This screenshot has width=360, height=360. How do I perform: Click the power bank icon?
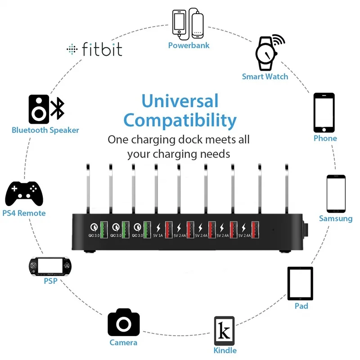[x=188, y=24]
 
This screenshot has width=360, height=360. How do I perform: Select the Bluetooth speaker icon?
[x=46, y=109]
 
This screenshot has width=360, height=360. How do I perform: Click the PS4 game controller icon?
[x=24, y=193]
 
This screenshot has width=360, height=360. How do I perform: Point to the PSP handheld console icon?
[x=50, y=266]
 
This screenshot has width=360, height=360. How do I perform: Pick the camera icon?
[x=123, y=322]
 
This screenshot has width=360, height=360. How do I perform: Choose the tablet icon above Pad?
[x=300, y=283]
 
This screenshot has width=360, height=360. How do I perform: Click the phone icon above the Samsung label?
[x=336, y=193]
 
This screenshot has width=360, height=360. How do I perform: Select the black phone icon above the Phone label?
[x=324, y=112]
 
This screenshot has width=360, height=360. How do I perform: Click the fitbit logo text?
[x=102, y=49]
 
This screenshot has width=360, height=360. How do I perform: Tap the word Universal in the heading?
[x=180, y=101]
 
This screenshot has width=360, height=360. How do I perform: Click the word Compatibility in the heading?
[x=180, y=121]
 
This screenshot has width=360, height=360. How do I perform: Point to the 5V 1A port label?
[x=158, y=235]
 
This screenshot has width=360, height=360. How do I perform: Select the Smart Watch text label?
[x=265, y=76]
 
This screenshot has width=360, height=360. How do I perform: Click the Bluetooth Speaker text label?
[x=45, y=130]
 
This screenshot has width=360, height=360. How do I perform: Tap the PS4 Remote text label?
[x=24, y=213]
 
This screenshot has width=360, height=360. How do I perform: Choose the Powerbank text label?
[x=189, y=45]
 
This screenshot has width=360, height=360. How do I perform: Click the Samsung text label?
[x=336, y=219]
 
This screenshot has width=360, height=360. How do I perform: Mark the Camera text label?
[x=123, y=343]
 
